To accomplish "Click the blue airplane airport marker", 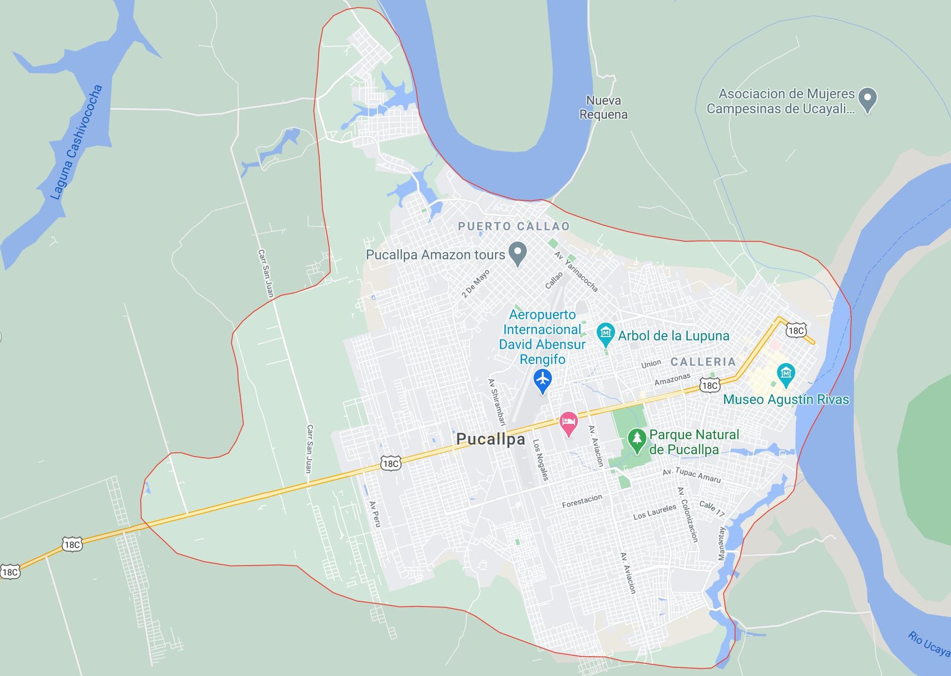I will (x=543, y=379).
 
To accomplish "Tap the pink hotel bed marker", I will (x=568, y=423).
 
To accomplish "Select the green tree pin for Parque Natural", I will (x=637, y=440).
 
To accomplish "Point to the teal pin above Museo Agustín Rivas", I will (x=786, y=374).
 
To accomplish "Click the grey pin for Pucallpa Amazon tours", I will (x=518, y=253).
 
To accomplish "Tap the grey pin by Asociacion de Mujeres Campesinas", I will (x=867, y=99).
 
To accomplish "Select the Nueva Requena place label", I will (x=603, y=108).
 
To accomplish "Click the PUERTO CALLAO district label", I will (x=514, y=226).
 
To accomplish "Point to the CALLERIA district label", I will (x=703, y=362).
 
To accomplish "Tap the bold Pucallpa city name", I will (x=490, y=439).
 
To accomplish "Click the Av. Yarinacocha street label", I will (x=576, y=271).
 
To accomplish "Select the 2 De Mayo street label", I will (x=476, y=284).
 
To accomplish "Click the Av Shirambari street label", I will (x=497, y=402).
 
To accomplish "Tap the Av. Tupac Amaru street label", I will (x=691, y=475).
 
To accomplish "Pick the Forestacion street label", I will (x=582, y=501).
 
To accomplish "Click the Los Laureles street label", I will (x=655, y=512).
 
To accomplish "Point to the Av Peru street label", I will (x=375, y=514).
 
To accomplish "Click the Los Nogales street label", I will (x=540, y=460).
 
